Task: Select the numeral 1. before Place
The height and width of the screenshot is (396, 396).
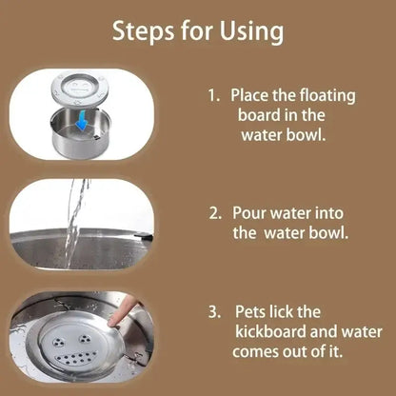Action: click(213, 96)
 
